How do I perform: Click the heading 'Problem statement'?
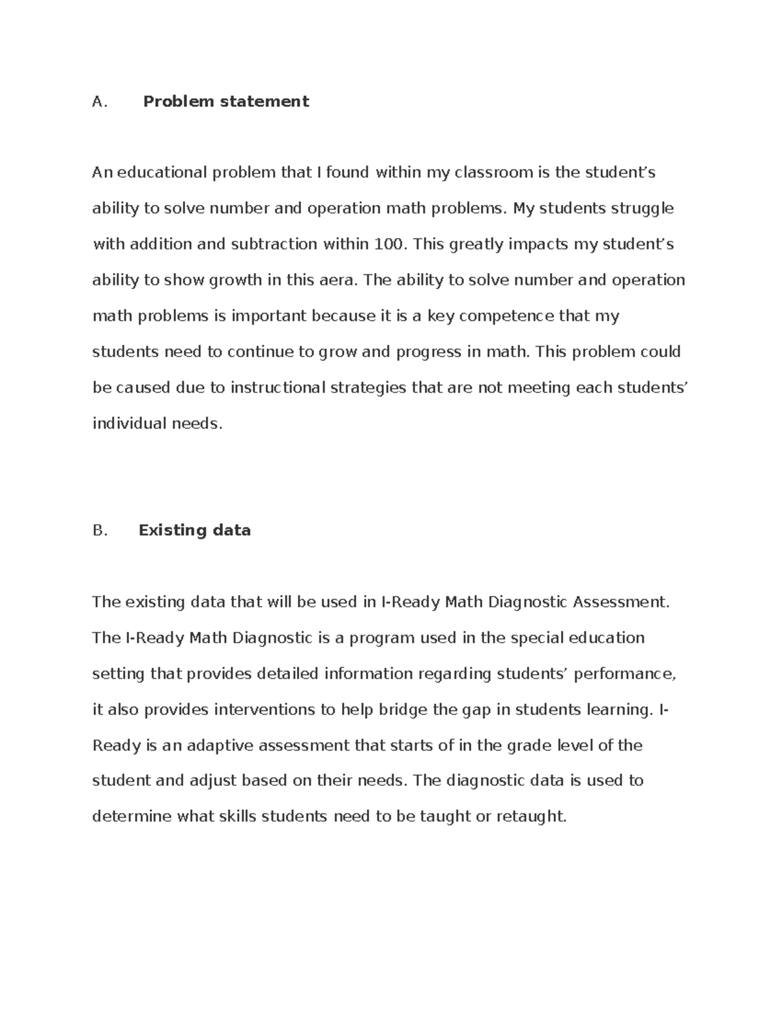225,102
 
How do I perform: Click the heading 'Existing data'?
194,530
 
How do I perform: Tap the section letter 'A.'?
99,102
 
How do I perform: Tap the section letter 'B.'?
100,530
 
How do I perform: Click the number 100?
389,244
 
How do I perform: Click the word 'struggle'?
642,209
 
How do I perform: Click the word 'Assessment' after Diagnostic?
620,602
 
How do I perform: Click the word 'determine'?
132,817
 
